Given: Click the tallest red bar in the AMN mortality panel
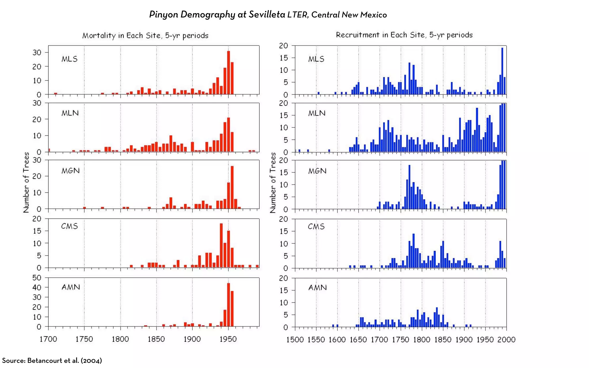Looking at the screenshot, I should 228,305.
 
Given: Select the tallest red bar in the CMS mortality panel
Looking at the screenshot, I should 221,246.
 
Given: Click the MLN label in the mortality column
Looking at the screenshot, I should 70,113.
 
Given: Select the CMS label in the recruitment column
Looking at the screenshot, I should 316,227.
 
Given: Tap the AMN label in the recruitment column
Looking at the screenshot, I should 318,287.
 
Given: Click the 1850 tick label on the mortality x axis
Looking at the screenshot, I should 156,339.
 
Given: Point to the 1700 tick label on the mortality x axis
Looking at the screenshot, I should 48,339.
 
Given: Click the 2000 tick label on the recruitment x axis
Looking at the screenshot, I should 506,340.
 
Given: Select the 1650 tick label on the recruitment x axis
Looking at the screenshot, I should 358,340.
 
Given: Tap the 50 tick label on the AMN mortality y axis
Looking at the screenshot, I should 37,278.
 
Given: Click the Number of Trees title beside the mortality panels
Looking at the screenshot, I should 26,183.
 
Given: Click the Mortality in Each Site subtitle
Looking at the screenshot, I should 145,36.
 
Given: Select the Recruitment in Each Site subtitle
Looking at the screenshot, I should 404,35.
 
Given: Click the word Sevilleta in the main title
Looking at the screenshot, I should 267,14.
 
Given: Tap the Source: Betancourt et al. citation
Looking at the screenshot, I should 52,361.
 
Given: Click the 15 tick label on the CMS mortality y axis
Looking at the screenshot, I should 37,231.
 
